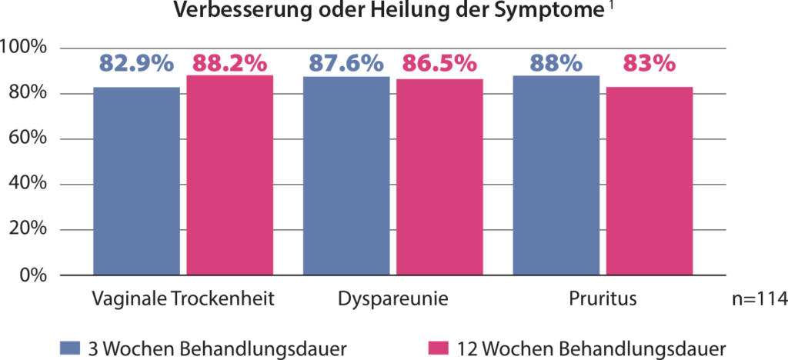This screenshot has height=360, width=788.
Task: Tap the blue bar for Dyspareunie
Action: click(x=346, y=175)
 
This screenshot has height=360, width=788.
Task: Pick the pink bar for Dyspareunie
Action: click(x=439, y=176)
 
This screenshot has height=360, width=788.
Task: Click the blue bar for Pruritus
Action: click(x=556, y=175)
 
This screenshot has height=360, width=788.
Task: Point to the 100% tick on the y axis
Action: click(x=25, y=48)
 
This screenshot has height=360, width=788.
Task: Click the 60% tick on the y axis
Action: click(x=29, y=139)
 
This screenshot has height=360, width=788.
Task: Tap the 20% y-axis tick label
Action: click(x=29, y=229)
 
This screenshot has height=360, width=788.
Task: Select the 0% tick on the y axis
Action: click(x=34, y=275)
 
